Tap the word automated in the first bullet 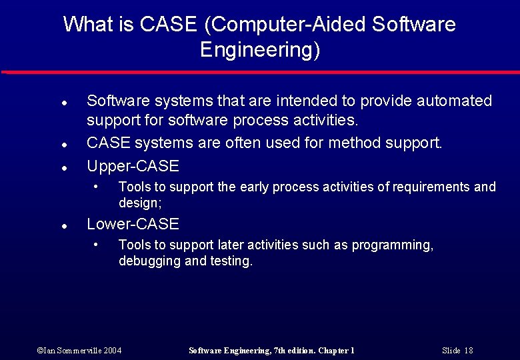454,101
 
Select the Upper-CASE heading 133,166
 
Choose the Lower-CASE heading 133,224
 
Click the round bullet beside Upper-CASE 62,167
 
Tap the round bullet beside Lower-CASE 62,225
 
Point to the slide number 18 468,351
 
